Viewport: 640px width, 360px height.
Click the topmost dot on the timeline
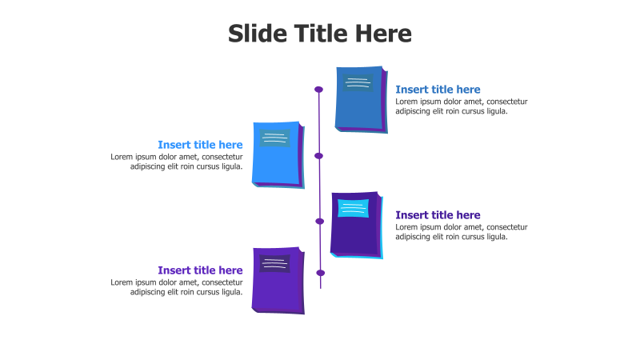click(x=318, y=90)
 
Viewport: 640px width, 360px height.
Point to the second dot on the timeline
click(x=318, y=156)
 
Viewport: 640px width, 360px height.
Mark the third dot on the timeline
click(x=320, y=221)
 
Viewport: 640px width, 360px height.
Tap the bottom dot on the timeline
click(x=321, y=273)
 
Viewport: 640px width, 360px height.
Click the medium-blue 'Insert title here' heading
click(x=438, y=90)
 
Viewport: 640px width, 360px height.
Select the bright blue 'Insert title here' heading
click(x=200, y=145)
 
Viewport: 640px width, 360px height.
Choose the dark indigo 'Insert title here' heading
click(x=438, y=215)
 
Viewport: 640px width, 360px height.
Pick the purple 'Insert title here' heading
click(x=200, y=270)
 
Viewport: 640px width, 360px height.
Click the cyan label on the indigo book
click(x=353, y=208)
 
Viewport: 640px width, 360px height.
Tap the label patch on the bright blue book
click(x=274, y=138)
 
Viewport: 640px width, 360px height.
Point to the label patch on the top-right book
click(x=359, y=82)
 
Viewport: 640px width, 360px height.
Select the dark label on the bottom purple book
click(x=274, y=263)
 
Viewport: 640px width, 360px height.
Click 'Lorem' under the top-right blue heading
click(x=407, y=102)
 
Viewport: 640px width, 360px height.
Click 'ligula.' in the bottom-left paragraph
click(x=229, y=292)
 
